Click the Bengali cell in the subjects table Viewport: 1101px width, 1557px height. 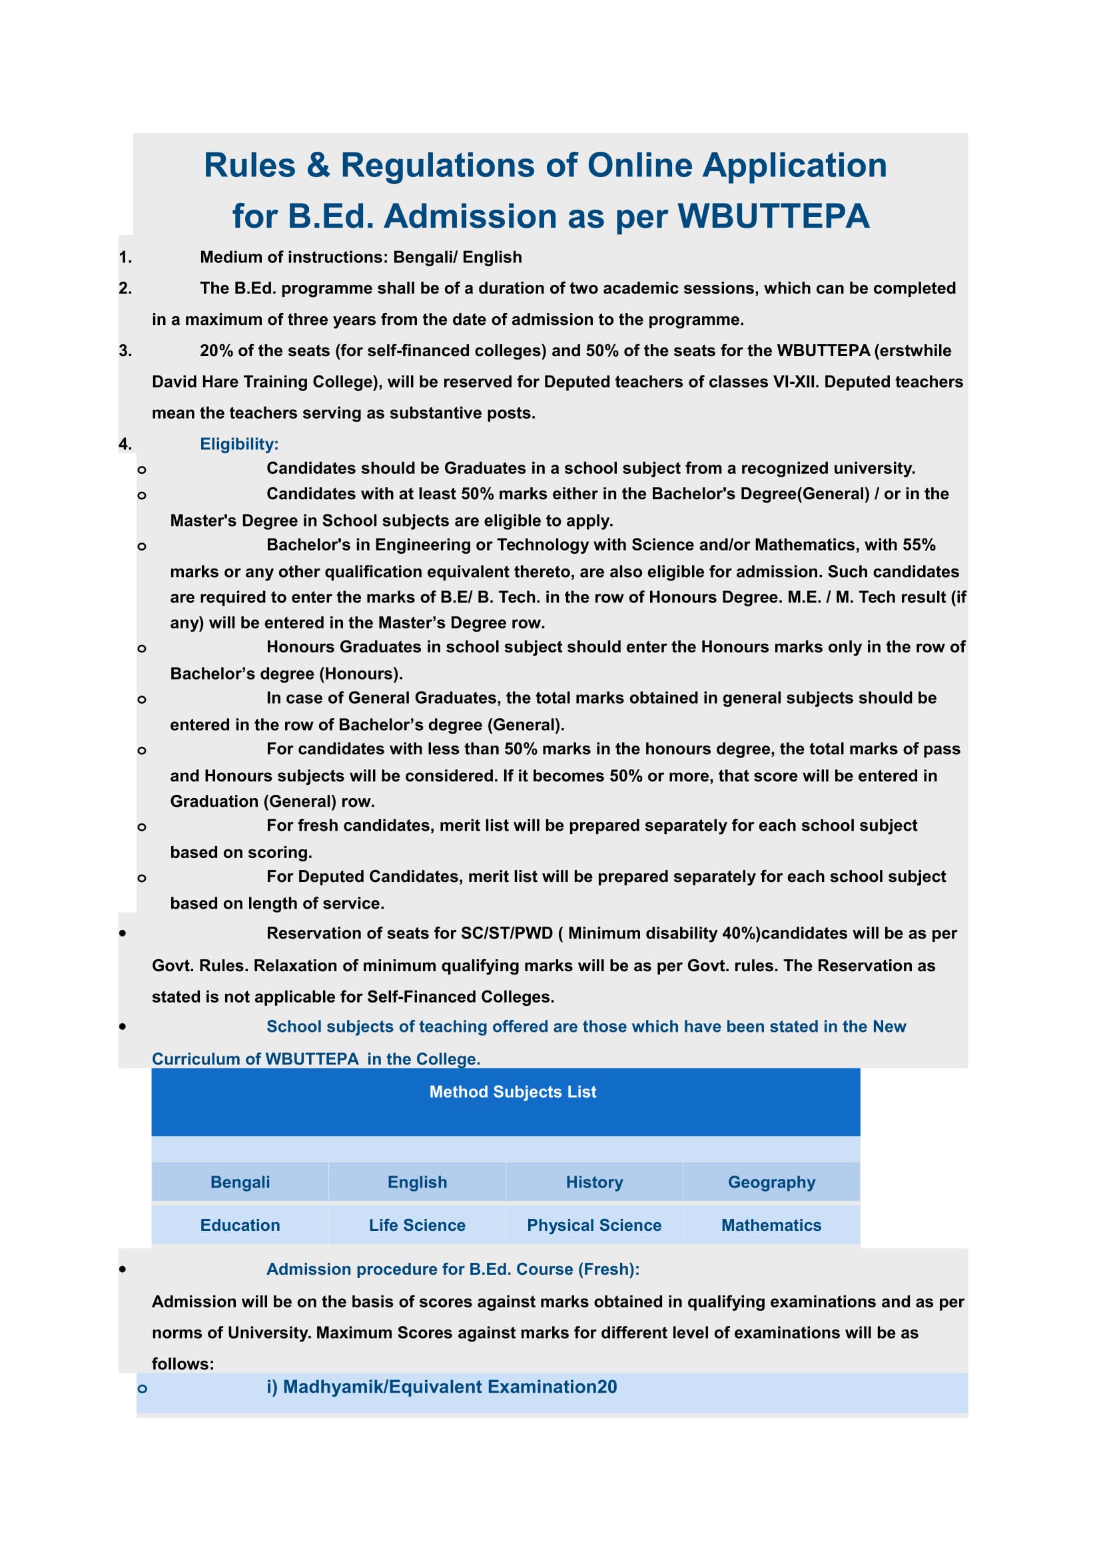coord(240,1182)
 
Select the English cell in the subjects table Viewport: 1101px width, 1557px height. coord(417,1182)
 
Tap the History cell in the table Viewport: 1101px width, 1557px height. coord(594,1182)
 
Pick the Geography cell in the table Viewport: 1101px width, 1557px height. coord(771,1182)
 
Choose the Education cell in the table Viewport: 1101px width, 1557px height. coord(240,1225)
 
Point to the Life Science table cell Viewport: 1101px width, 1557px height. coord(417,1225)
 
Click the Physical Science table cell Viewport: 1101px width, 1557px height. coord(594,1225)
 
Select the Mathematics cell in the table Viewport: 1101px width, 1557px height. coord(771,1225)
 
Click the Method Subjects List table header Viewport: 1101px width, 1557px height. coord(512,1092)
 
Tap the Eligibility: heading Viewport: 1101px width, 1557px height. coord(239,444)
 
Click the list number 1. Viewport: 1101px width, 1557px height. coord(125,258)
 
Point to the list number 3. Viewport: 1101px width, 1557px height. coord(125,351)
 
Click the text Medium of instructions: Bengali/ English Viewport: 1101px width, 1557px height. coord(360,258)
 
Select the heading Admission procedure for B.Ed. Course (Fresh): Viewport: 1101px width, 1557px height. coord(452,1269)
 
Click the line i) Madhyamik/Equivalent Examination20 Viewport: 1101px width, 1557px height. coord(442,1387)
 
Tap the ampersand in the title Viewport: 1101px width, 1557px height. coord(318,166)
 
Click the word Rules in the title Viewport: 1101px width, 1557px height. coord(250,166)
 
